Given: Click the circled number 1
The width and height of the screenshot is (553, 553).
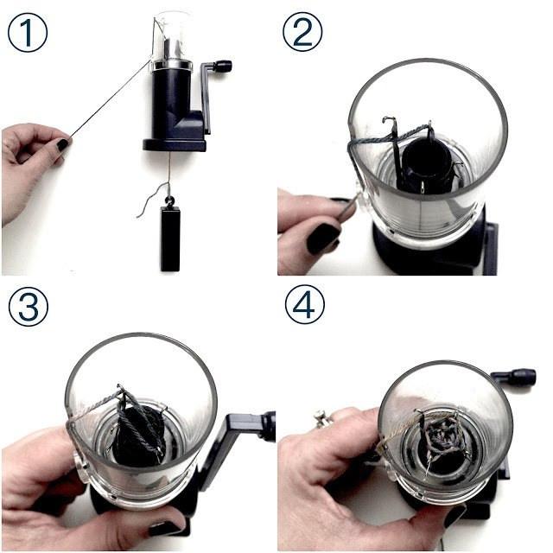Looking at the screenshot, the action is tap(28, 33).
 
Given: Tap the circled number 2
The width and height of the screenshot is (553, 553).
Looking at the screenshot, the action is tap(302, 33).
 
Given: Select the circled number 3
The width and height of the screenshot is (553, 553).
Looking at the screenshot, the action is tap(29, 306).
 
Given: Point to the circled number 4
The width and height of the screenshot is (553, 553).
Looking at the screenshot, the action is tap(304, 304).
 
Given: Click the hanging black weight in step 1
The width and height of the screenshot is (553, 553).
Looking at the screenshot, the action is tap(170, 238).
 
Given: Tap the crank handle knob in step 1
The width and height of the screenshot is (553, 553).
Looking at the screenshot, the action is tap(224, 66).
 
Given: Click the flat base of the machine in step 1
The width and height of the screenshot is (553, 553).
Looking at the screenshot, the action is tap(175, 145).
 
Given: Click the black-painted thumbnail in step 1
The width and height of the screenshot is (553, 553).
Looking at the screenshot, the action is tap(63, 144).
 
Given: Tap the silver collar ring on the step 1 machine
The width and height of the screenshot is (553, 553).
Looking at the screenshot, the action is tap(172, 65).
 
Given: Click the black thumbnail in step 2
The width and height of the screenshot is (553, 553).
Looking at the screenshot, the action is tap(323, 238).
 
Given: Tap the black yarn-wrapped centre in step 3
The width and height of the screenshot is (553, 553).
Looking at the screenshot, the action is tap(137, 434).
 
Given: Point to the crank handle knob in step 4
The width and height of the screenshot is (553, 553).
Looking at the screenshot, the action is tap(522, 376).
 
